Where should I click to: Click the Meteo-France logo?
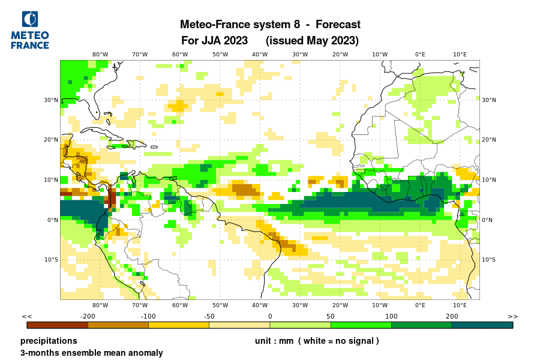coord(30,30)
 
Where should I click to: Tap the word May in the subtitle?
coord(318,41)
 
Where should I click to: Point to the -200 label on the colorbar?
coord(88,316)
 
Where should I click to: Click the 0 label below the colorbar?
coord(270,316)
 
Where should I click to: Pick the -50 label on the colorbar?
coord(209,316)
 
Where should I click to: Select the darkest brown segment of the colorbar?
coord(58,325)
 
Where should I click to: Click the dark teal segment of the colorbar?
coord(482,325)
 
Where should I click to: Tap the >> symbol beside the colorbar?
coord(512,316)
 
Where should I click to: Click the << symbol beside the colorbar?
coord(26,316)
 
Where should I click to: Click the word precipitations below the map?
coord(49,341)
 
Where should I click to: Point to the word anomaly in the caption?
coord(145,353)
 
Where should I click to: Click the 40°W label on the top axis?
coord(260,54)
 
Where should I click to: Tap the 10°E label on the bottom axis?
coord(460,305)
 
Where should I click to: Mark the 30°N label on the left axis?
coord(50,100)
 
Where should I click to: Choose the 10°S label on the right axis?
coord(488,260)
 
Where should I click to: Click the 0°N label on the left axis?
coord(52,220)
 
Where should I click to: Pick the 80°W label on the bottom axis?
coord(100,305)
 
